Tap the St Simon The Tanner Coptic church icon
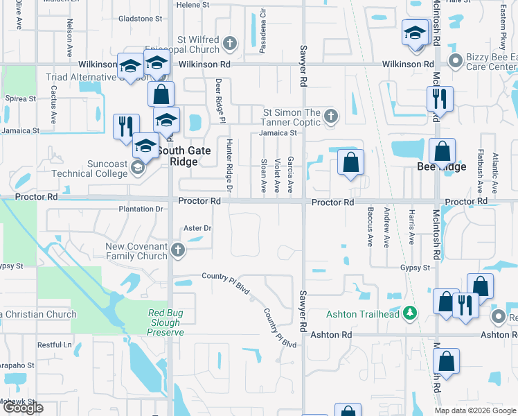331,116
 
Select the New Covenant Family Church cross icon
178,250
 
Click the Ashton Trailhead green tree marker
410,314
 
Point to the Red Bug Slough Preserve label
166,322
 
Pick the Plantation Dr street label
141,209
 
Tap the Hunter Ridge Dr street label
229,165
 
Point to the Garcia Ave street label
291,174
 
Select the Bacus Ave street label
370,229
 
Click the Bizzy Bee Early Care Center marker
456,62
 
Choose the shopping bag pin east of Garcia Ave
351,164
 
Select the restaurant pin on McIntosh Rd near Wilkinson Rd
439,98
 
